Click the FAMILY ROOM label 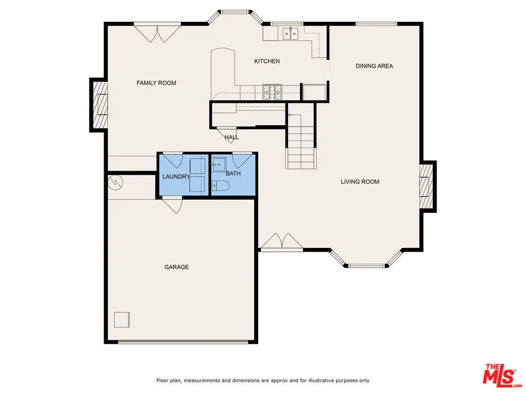(x=156, y=83)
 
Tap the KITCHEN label (x=267, y=61)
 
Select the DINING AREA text (x=374, y=66)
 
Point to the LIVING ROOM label (x=360, y=182)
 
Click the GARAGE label (x=176, y=267)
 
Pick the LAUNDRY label (x=176, y=177)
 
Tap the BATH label (x=233, y=173)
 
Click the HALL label (x=231, y=137)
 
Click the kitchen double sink (x=290, y=34)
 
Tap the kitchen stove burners (x=272, y=91)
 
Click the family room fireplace (x=100, y=104)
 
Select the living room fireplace (x=427, y=186)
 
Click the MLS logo (x=499, y=375)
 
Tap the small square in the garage (x=122, y=319)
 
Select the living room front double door (x=281, y=242)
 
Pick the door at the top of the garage (x=172, y=206)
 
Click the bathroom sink (x=219, y=164)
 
